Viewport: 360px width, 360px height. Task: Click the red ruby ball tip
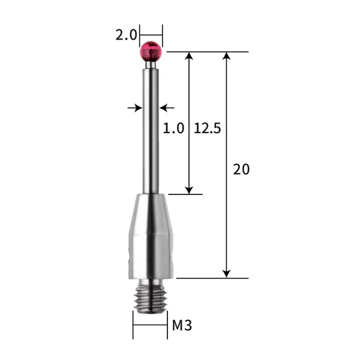pos(151,51)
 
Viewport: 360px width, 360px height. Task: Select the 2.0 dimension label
pos(127,35)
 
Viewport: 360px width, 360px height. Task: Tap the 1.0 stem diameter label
pos(173,128)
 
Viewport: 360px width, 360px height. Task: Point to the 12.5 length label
pos(208,128)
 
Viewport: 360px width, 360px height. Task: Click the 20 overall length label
pos(241,169)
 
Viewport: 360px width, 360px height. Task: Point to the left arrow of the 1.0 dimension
pos(137,108)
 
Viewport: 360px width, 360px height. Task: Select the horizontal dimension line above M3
pos(150,326)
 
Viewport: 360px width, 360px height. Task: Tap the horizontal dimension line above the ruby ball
pos(151,35)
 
